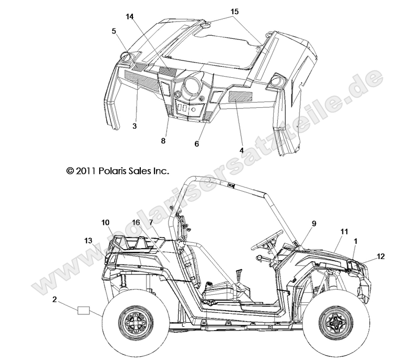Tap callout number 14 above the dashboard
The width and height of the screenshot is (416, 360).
point(130,17)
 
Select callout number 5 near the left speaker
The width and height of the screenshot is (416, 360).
point(113,31)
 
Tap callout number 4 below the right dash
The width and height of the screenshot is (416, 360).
point(241,150)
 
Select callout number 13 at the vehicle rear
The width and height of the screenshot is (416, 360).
point(88,240)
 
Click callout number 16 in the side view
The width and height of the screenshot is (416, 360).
point(136,223)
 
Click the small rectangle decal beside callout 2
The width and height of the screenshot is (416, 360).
point(85,310)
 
